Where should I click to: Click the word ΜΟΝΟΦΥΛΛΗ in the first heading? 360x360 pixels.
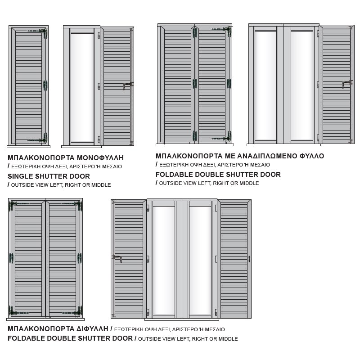click(x=100, y=158)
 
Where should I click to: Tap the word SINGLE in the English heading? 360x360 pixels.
click(x=19, y=176)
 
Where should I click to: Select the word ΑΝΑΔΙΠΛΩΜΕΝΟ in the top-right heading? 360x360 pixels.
click(x=267, y=156)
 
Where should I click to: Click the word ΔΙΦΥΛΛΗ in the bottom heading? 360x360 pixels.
click(x=93, y=329)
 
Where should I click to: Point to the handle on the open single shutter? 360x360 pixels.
click(x=128, y=85)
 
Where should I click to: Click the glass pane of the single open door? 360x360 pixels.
click(x=82, y=88)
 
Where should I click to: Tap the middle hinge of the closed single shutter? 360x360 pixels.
click(x=45, y=85)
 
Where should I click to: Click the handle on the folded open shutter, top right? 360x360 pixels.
click(x=347, y=84)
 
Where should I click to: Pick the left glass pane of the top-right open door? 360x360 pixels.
click(x=265, y=86)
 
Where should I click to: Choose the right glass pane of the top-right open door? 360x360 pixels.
click(x=302, y=86)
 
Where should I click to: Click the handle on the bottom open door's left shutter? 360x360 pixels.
click(x=117, y=258)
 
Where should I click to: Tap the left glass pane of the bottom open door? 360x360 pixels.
click(x=164, y=261)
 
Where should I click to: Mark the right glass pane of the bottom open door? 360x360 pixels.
click(x=200, y=261)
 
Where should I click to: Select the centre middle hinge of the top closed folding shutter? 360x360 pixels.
click(x=195, y=83)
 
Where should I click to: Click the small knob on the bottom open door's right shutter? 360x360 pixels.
click(x=249, y=259)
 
